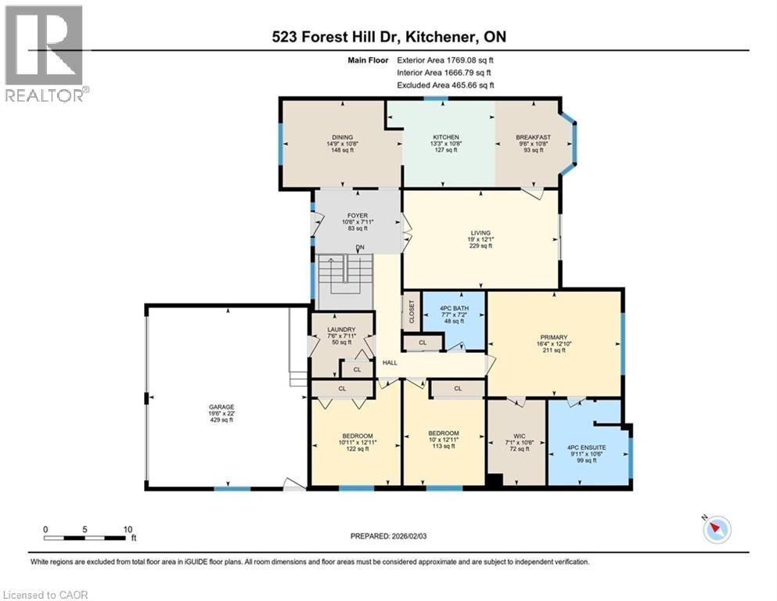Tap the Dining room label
(342, 137)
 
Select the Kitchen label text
(445, 137)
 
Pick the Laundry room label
(341, 329)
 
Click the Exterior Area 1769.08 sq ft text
(444, 59)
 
